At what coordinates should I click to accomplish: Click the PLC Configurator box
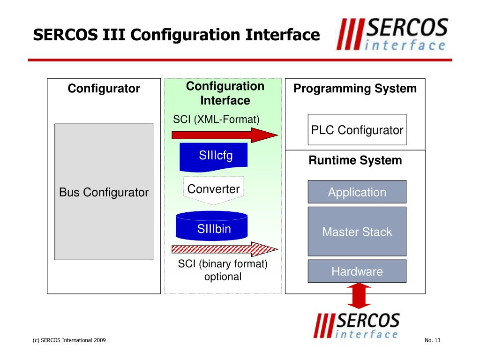(x=357, y=130)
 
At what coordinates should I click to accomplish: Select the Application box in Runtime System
(x=357, y=192)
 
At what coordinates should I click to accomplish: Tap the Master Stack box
(x=357, y=232)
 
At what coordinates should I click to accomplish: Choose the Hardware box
(x=357, y=271)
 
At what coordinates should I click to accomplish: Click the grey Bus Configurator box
(x=104, y=192)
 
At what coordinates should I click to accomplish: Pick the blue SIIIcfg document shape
(x=216, y=157)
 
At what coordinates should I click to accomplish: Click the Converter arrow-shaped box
(x=213, y=190)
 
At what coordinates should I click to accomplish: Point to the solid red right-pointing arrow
(x=225, y=135)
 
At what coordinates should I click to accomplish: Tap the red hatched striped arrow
(x=225, y=249)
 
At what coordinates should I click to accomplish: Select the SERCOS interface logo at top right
(x=391, y=34)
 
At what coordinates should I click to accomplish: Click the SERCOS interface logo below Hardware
(x=357, y=325)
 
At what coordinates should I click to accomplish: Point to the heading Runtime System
(x=355, y=160)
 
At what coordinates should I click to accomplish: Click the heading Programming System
(x=355, y=89)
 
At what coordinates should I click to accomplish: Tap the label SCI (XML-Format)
(x=216, y=119)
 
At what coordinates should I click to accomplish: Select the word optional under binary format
(x=223, y=277)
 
